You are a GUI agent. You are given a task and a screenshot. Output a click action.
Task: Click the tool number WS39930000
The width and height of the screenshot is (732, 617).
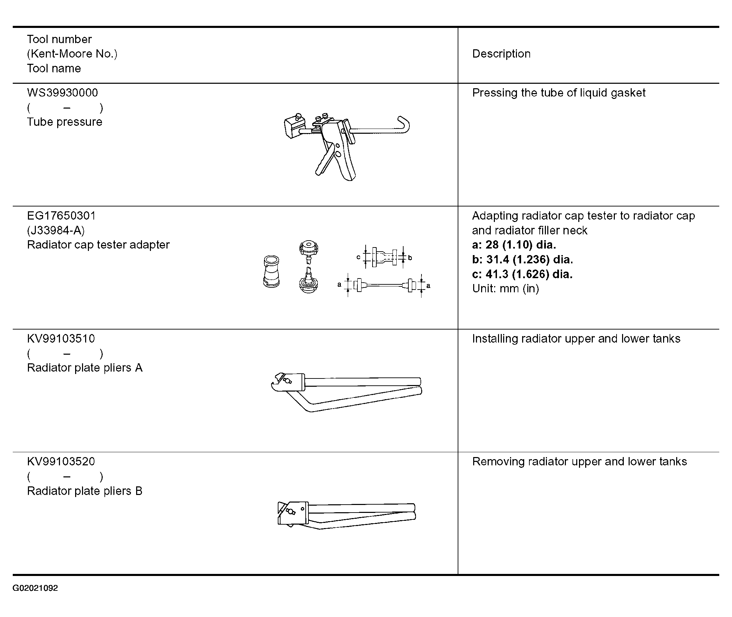[x=62, y=93]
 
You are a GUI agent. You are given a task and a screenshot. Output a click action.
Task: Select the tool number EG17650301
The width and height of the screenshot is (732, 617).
[x=61, y=215]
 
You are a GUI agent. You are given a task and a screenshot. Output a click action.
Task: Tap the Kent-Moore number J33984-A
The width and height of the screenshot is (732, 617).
[x=56, y=230]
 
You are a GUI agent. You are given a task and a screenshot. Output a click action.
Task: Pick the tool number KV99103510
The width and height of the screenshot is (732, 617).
[x=61, y=338]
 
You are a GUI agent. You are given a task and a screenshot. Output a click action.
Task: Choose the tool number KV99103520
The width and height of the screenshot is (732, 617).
[x=61, y=461]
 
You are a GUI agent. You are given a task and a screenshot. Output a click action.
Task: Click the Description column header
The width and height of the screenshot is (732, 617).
[x=501, y=54]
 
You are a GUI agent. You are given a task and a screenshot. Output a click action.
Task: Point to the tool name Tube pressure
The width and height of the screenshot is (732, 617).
[x=65, y=122]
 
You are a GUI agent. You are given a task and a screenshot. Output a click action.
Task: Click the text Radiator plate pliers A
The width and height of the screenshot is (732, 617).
[x=85, y=368]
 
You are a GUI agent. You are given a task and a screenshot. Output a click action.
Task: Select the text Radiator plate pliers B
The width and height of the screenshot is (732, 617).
[x=85, y=491]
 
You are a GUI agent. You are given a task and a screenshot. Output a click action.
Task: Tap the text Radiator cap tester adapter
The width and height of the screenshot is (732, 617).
[x=98, y=245]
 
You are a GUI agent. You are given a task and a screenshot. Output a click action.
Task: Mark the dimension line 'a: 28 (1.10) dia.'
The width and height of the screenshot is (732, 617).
[x=514, y=245]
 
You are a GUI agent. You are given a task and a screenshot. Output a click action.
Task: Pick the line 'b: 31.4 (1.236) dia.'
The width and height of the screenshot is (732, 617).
[x=522, y=260]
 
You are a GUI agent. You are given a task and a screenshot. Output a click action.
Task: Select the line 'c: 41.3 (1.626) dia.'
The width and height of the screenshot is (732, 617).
[x=522, y=274]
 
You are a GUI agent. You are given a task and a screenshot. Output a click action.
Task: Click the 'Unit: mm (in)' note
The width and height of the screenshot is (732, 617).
[x=505, y=289]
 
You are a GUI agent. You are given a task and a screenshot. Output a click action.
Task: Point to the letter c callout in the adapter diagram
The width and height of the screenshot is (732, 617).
[x=358, y=257]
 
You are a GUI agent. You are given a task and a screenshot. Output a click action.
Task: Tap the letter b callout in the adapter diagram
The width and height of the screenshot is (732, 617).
[x=410, y=258]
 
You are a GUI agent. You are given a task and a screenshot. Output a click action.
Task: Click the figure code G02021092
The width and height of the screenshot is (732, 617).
[x=35, y=588]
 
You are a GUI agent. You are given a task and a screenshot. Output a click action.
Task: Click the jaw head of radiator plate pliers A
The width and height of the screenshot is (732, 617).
[x=285, y=382]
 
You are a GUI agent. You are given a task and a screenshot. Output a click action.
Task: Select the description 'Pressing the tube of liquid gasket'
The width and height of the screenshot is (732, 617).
[x=559, y=93]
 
